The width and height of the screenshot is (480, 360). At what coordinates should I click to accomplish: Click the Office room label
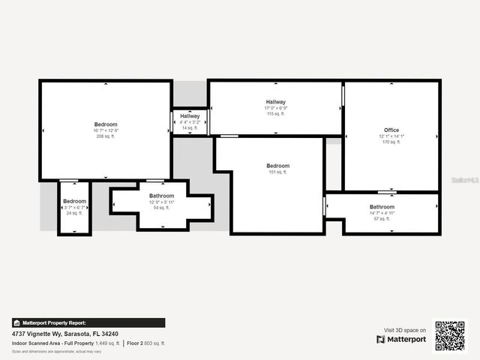[x=392, y=130]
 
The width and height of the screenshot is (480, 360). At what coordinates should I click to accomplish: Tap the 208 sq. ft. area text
[x=106, y=136]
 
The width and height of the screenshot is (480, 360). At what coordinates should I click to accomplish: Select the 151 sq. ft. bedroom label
[x=277, y=172]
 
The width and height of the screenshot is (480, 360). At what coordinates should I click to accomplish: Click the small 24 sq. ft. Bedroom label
[x=74, y=213]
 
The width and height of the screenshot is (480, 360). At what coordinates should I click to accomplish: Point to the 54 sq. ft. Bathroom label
[x=161, y=208]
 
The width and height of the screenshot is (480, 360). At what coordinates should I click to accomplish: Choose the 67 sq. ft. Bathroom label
[x=382, y=218]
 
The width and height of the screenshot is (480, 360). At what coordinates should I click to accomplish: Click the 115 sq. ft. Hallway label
[x=275, y=113]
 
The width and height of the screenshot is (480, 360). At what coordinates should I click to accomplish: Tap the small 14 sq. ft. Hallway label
[x=190, y=128]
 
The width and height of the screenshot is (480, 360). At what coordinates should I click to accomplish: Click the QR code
[x=450, y=335]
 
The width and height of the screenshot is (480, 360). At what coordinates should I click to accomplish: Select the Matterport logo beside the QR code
[x=401, y=340]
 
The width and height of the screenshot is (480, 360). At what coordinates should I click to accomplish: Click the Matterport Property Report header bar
[x=88, y=322]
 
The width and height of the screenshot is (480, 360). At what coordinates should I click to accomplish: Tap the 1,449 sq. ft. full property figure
[x=107, y=343]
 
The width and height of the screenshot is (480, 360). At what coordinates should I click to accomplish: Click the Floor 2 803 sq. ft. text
[x=145, y=343]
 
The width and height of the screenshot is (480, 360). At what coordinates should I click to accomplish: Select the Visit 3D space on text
[x=405, y=330]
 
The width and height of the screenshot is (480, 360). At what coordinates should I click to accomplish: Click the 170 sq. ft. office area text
[x=392, y=142]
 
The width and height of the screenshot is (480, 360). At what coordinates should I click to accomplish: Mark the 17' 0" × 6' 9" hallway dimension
[x=275, y=108]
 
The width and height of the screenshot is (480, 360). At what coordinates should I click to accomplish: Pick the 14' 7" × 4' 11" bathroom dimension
[x=382, y=213]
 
